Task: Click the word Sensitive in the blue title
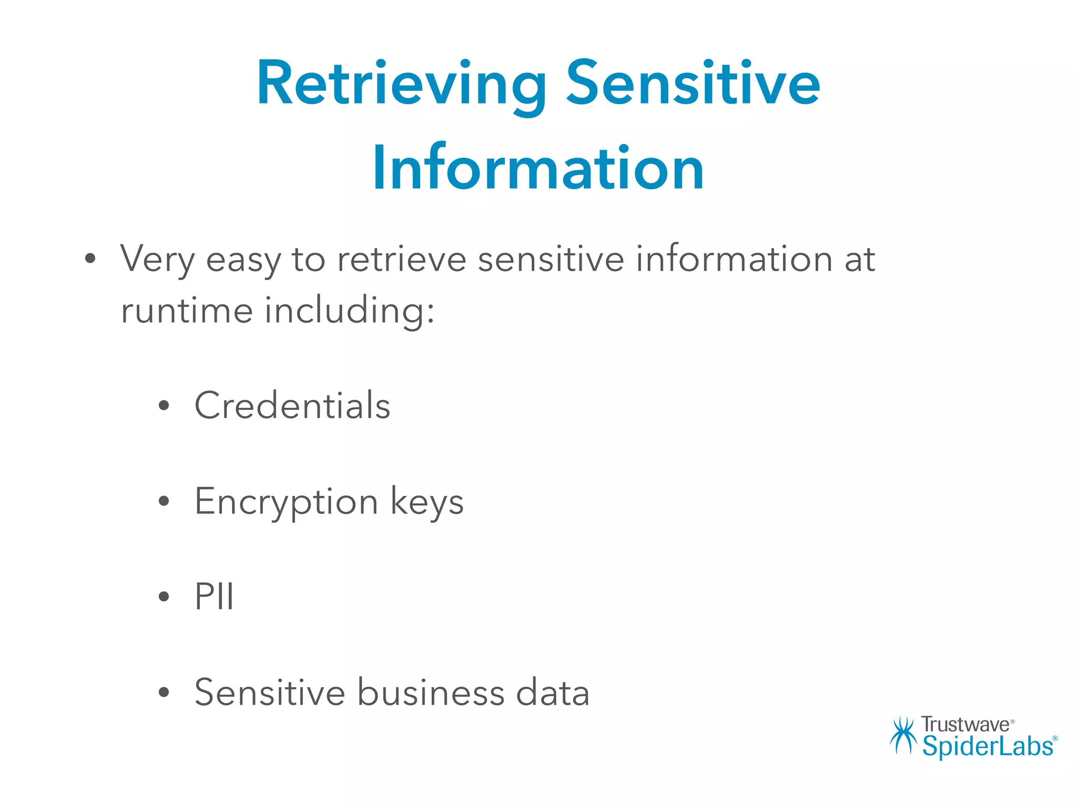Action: point(693,84)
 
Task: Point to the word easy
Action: point(243,260)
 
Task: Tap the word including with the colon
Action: point(350,311)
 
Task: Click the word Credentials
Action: point(292,405)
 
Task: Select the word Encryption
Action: point(287,502)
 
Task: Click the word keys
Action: point(427,502)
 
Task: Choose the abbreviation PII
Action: point(214,596)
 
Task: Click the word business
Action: point(431,692)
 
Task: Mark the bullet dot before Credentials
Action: point(164,406)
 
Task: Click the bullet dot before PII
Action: point(164,597)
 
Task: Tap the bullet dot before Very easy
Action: point(90,258)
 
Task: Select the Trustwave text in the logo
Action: point(966,725)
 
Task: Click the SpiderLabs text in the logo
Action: point(988,746)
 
